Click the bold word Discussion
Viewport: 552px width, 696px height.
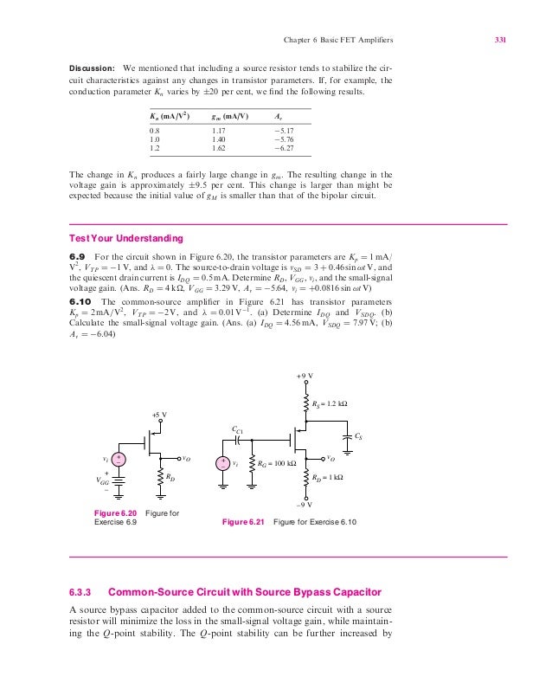91,68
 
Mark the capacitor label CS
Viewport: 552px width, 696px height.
359,436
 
